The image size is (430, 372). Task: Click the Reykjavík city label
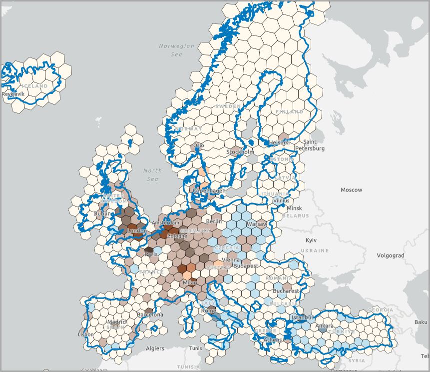(13, 94)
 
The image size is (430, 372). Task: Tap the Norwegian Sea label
(176, 49)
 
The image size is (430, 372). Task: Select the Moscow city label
(351, 190)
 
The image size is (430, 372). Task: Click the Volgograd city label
(390, 255)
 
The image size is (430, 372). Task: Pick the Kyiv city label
(311, 240)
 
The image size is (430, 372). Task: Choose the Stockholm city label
(240, 151)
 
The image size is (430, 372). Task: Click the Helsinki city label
(279, 142)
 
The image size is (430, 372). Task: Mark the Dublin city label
(102, 214)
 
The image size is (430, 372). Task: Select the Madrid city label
(116, 322)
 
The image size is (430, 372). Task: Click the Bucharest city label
(286, 291)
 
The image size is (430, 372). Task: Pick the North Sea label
(152, 174)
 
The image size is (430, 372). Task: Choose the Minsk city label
(294, 208)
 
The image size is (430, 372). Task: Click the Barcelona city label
(150, 315)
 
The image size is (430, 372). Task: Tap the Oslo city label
(198, 146)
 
